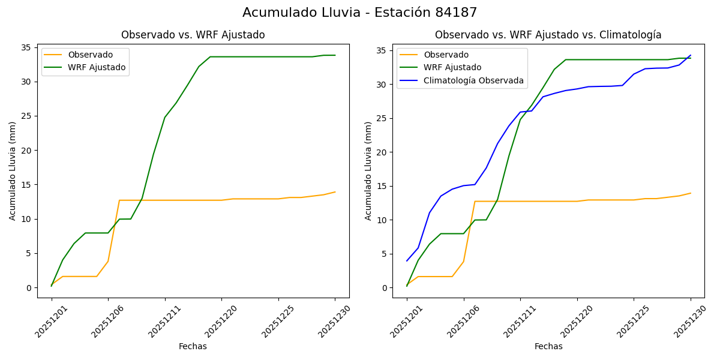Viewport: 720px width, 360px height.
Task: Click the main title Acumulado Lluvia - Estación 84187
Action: pyautogui.click(x=360, y=13)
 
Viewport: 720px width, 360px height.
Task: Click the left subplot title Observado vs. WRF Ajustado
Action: pyautogui.click(x=193, y=35)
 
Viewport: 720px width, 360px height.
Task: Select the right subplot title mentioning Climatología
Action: pyautogui.click(x=548, y=35)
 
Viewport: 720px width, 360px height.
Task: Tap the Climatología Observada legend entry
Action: pyautogui.click(x=473, y=80)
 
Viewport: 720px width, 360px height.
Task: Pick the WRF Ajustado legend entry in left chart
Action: pyautogui.click(x=97, y=67)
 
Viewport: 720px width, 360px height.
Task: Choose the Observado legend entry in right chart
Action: pyautogui.click(x=446, y=55)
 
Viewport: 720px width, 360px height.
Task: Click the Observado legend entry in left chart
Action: pyautogui.click(x=90, y=55)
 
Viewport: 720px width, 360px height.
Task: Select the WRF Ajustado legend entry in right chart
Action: pyautogui.click(x=452, y=67)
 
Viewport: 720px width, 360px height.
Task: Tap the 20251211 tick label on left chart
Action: pyautogui.click(x=162, y=322)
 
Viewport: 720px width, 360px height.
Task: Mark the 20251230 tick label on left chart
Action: pyautogui.click(x=332, y=322)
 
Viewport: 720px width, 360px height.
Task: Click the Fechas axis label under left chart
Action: pyautogui.click(x=193, y=346)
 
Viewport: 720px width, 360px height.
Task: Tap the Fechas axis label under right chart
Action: pyautogui.click(x=548, y=346)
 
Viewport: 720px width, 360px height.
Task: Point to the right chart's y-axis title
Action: pyautogui.click(x=368, y=170)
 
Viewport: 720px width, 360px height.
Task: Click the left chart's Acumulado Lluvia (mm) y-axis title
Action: pyautogui.click(x=13, y=170)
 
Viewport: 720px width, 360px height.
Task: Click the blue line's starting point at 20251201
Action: pyautogui.click(x=407, y=260)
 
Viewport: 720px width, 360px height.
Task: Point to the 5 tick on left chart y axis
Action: pyautogui.click(x=28, y=253)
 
